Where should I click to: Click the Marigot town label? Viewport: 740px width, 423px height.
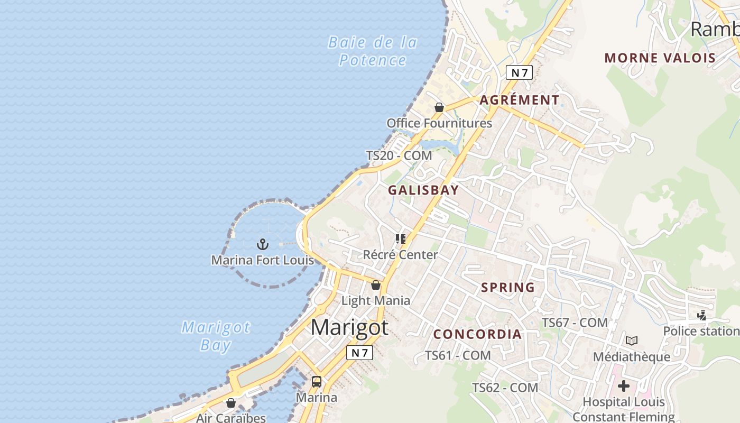(349, 328)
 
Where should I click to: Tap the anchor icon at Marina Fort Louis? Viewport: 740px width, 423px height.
(263, 244)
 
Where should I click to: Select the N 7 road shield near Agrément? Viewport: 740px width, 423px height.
(519, 72)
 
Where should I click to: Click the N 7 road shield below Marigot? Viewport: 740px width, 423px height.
(359, 353)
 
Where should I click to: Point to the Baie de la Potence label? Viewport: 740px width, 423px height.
(373, 51)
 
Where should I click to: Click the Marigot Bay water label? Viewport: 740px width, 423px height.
(216, 336)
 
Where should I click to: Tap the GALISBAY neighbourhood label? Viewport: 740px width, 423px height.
(423, 190)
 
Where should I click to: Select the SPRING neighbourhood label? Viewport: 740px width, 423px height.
(508, 288)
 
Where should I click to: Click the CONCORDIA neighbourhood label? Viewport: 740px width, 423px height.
(478, 334)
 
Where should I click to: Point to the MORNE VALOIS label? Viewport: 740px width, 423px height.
(660, 58)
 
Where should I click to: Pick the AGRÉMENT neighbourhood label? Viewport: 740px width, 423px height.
(520, 100)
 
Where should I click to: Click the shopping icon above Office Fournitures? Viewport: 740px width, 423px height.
(439, 108)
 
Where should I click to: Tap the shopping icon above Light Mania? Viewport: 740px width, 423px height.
(376, 286)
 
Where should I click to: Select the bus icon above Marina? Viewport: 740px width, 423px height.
(317, 382)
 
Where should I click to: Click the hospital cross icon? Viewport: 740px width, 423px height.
(624, 386)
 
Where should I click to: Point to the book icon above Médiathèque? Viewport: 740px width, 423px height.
(632, 341)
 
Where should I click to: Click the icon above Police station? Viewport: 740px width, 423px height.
(701, 316)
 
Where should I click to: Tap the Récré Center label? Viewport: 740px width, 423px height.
(400, 255)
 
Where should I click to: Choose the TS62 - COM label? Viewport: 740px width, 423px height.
(505, 388)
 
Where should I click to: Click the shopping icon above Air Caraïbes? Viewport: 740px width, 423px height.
(231, 403)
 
